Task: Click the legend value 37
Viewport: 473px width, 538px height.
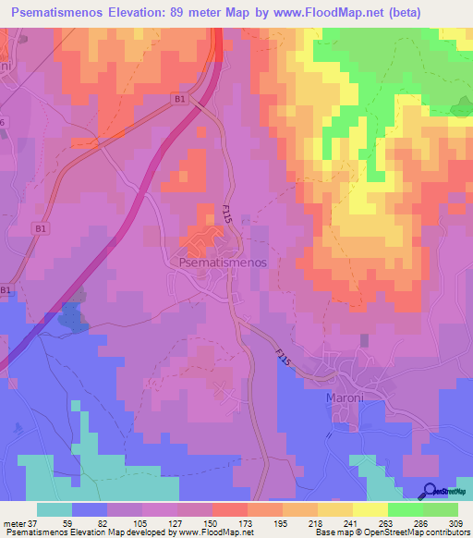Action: pos(34,522)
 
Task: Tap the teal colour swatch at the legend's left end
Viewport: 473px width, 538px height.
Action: pos(55,509)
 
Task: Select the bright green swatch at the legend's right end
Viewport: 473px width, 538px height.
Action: pos(440,509)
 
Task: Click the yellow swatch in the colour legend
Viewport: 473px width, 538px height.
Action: pos(370,509)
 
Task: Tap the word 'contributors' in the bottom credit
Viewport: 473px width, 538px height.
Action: pos(445,532)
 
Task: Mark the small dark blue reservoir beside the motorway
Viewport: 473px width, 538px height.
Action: pos(71,317)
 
